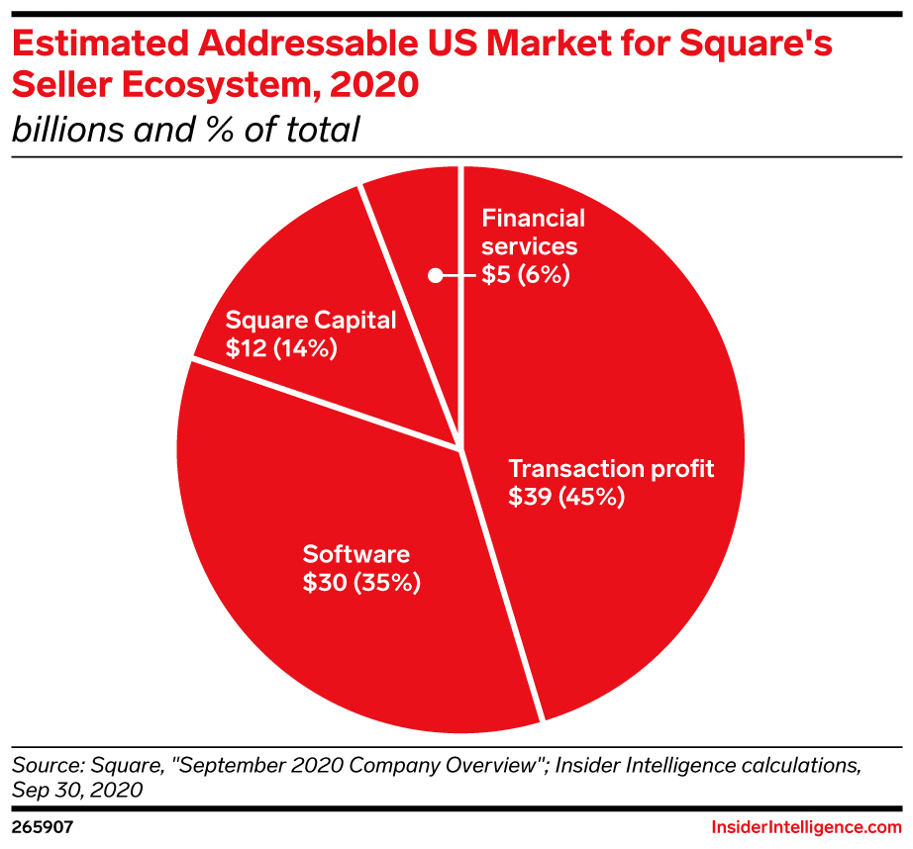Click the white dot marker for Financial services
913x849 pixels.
[435, 276]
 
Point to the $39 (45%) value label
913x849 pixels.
[566, 498]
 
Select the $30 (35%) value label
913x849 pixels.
[361, 583]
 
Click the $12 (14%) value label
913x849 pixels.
[282, 348]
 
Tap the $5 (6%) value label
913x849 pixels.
[526, 275]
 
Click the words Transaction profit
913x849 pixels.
[611, 468]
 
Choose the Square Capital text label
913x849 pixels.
[311, 320]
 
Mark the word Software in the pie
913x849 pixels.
[355, 553]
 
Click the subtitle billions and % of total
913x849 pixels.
[184, 129]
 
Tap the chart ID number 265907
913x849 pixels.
[40, 825]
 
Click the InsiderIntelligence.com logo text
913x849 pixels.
[807, 825]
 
